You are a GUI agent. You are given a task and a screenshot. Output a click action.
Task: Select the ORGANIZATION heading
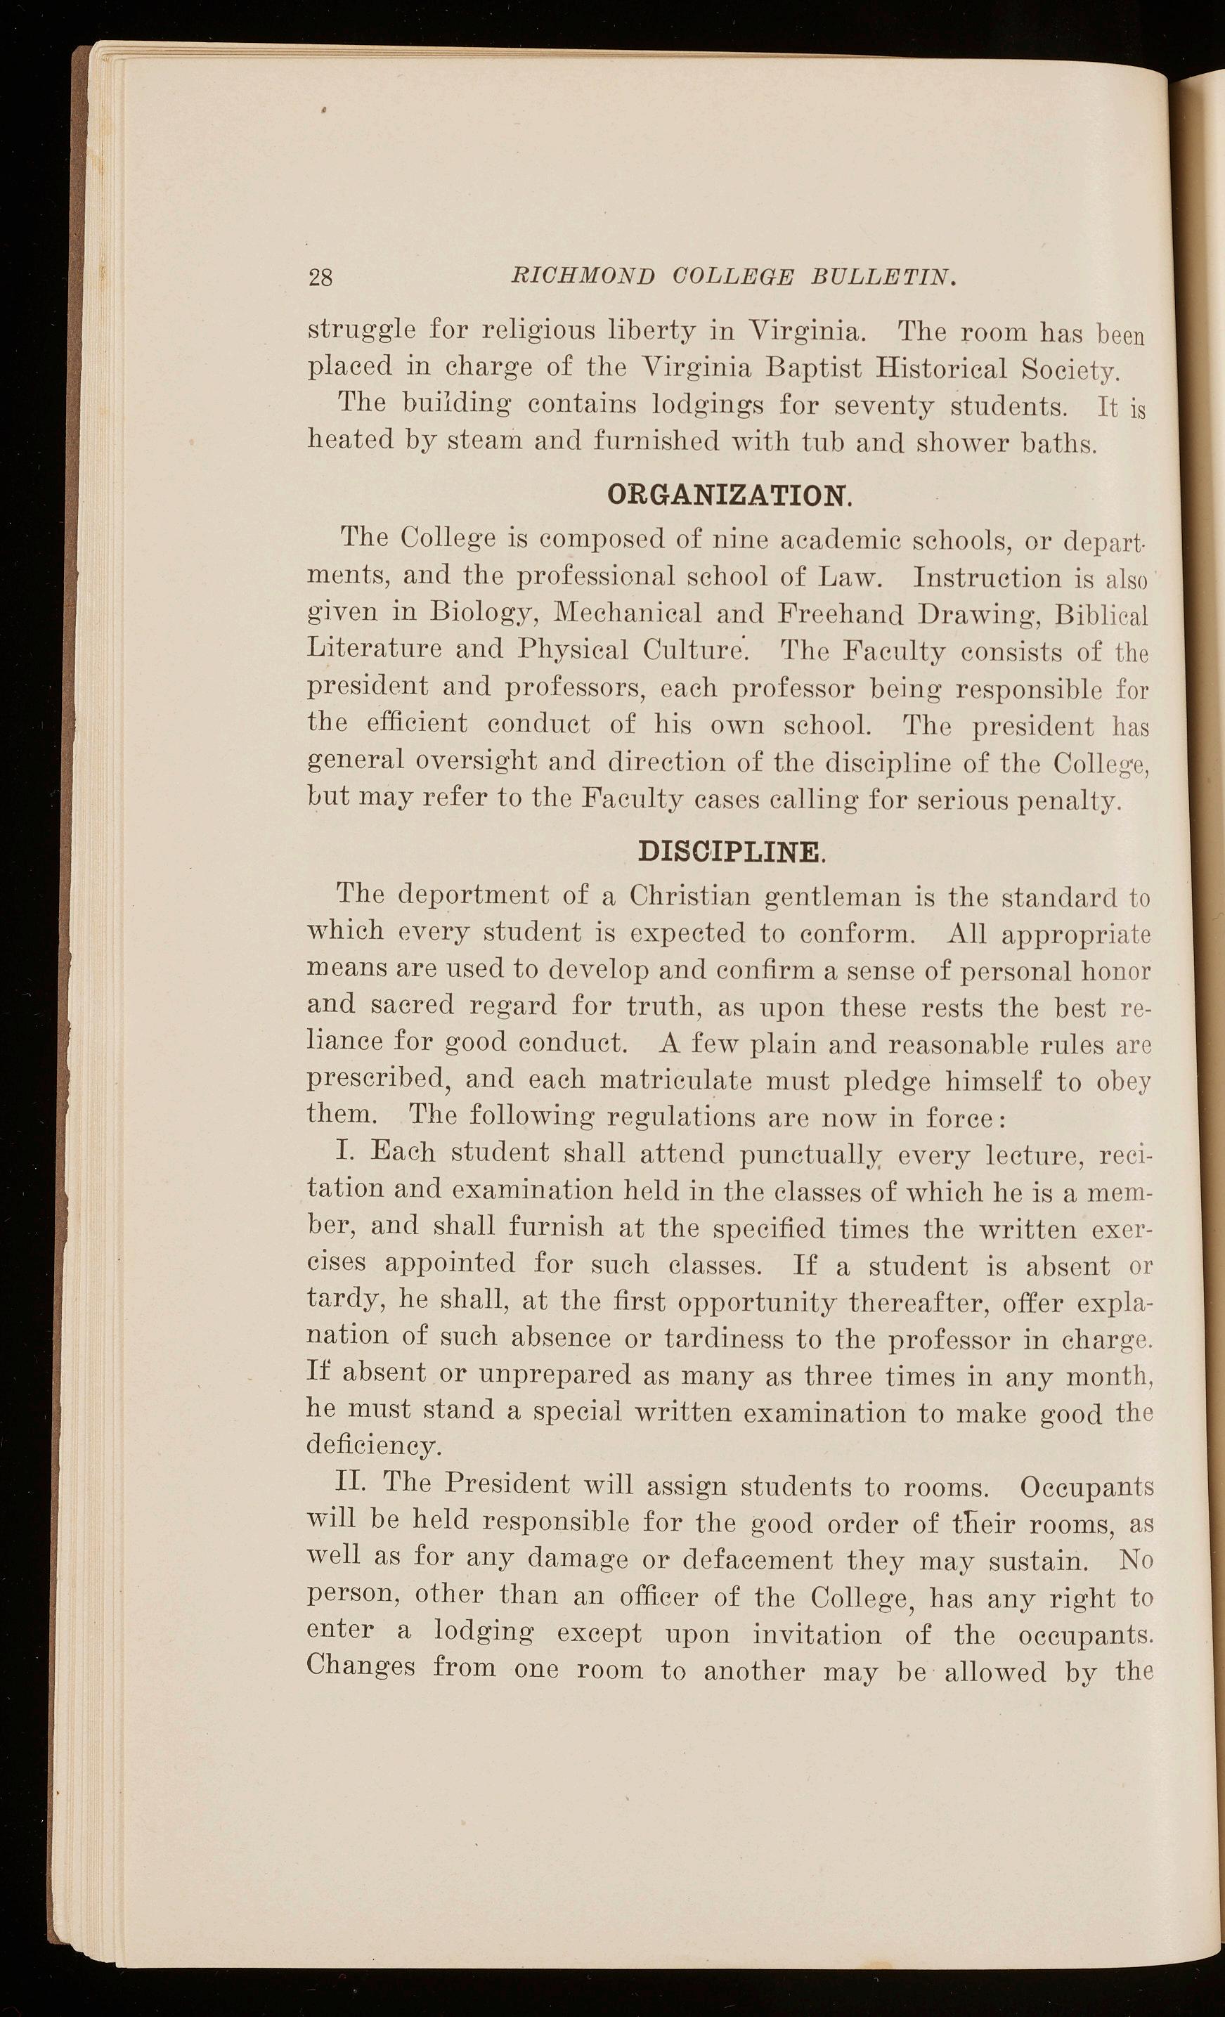(x=725, y=495)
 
